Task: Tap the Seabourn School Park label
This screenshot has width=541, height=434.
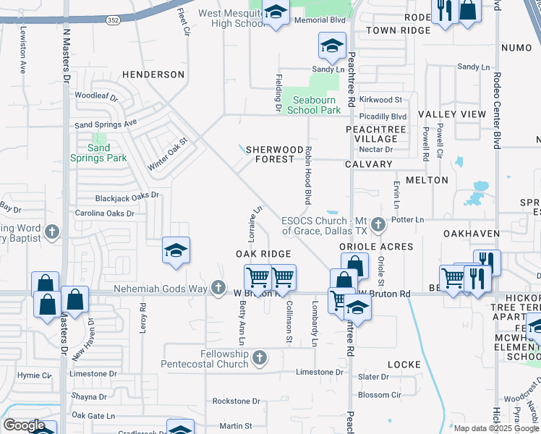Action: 314,105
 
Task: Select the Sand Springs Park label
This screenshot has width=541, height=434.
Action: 98,153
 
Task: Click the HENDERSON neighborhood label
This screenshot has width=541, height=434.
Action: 153,75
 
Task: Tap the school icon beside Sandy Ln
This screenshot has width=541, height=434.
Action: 331,48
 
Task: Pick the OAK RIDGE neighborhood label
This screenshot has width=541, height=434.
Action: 263,254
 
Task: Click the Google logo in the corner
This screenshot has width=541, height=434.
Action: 24,425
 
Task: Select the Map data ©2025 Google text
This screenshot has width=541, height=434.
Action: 495,428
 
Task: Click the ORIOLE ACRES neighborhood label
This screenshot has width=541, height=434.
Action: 377,247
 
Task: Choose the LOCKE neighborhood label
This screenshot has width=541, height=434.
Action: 404,365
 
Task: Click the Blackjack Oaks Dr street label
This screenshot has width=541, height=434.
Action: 127,196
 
